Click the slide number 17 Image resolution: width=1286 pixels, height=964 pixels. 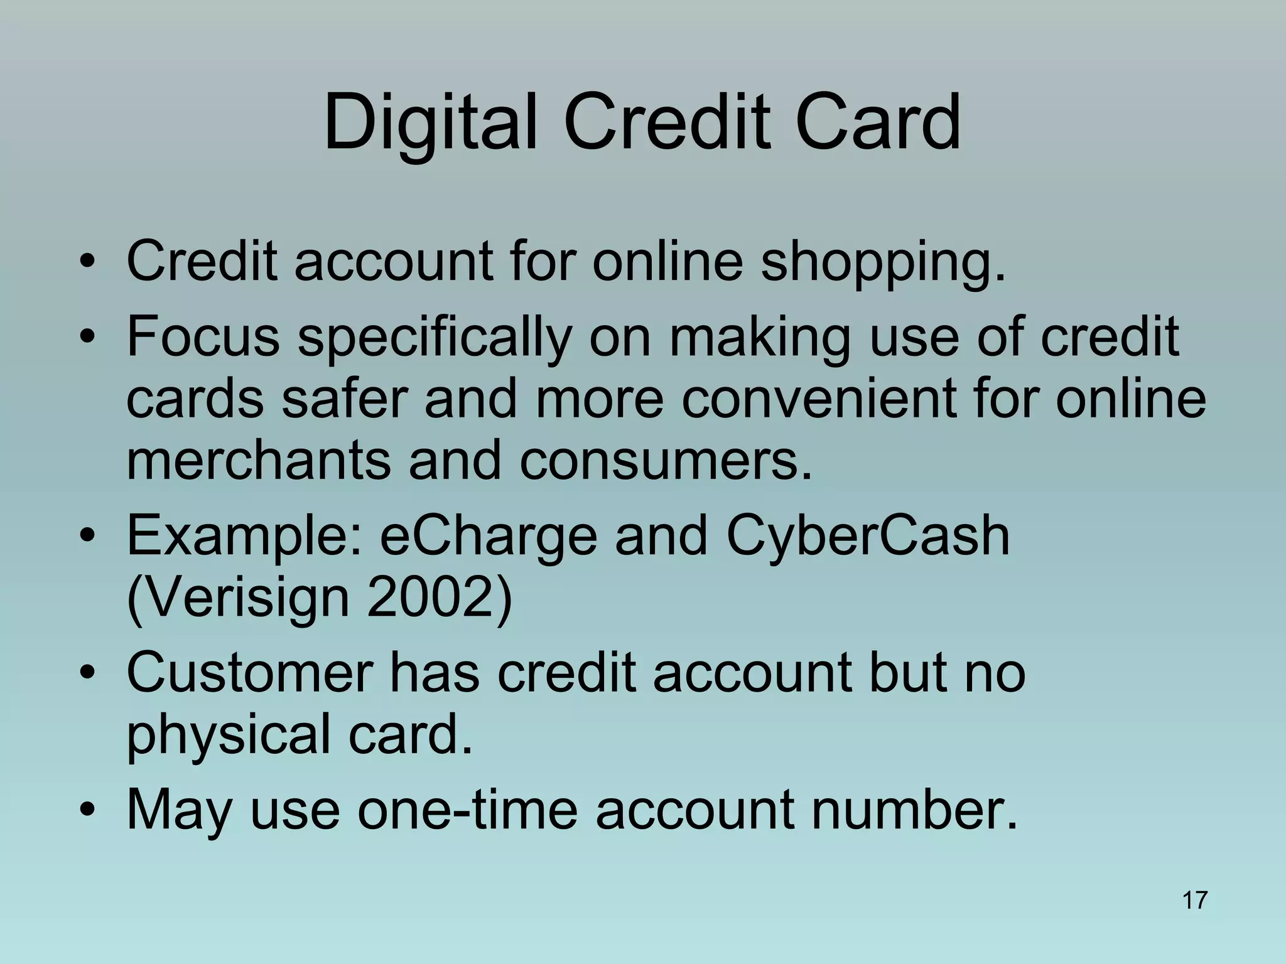point(1194,900)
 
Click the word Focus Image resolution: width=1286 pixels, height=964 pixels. point(203,336)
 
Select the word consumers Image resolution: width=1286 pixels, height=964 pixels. point(666,461)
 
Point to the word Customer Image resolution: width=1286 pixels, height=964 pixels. point(249,673)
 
